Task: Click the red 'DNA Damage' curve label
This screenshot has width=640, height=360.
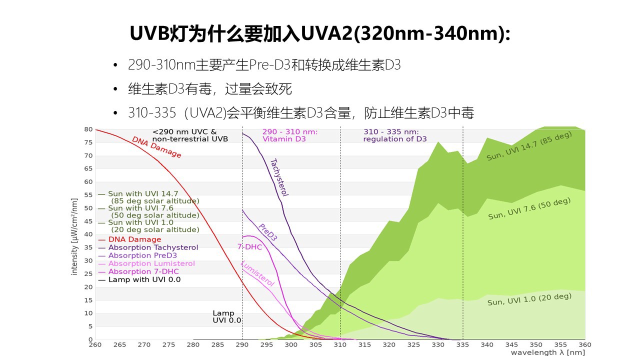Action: point(156,147)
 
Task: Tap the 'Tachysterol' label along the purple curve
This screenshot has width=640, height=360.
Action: point(279,177)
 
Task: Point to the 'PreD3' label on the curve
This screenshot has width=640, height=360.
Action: point(267,232)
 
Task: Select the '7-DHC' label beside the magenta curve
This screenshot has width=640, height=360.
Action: point(246,246)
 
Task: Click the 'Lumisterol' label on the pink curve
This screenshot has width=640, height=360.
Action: point(257,273)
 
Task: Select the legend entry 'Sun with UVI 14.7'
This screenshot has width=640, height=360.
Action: point(142,193)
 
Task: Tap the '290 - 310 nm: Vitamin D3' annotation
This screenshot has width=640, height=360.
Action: point(290,135)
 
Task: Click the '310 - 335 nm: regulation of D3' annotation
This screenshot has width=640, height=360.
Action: point(395,135)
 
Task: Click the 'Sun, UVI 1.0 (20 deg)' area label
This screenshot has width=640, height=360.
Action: point(529,299)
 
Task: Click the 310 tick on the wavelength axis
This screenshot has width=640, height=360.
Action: point(340,344)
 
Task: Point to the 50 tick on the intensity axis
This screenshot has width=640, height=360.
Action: point(89,208)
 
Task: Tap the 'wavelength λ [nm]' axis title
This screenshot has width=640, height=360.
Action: point(547,352)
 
